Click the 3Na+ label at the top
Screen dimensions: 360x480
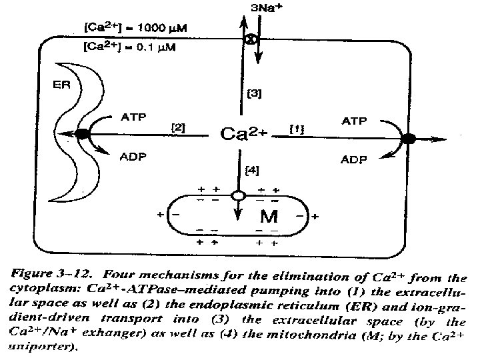pos(262,8)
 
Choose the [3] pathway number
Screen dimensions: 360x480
pos(254,94)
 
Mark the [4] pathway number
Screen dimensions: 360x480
pos(253,171)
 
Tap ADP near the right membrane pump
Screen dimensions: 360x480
pos(355,160)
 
